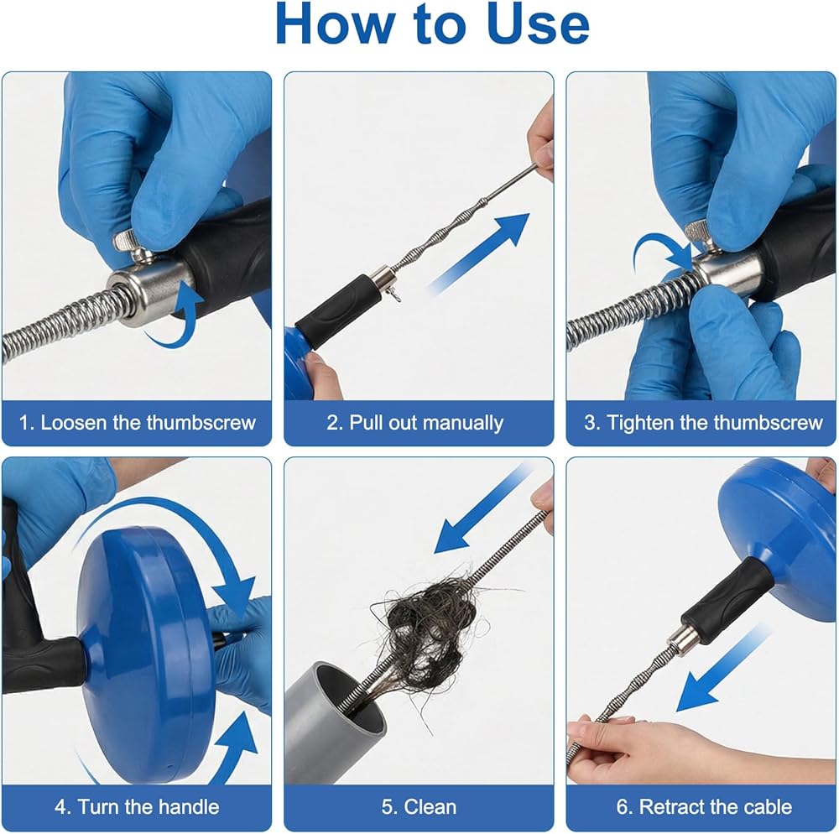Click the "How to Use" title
tap(432, 24)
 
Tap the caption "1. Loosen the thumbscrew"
tap(137, 423)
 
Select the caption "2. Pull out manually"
tap(415, 423)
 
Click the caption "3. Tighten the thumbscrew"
tap(703, 423)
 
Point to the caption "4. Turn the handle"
tap(137, 806)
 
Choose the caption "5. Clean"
tap(419, 806)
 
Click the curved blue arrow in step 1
tap(176, 315)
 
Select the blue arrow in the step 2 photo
tap(479, 253)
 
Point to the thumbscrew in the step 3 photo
tap(705, 236)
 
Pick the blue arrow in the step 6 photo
tap(722, 669)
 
